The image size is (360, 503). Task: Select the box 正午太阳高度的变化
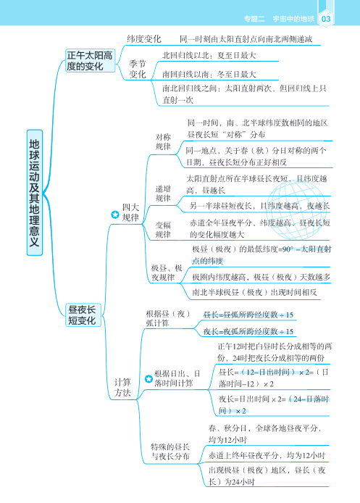pos(89,60)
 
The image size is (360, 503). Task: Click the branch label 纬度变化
pos(143,38)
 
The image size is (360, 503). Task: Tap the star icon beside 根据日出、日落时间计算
pos(148,378)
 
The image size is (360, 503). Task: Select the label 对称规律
pos(163,141)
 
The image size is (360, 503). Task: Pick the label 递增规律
pos(163,193)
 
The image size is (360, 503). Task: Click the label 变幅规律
pos(163,229)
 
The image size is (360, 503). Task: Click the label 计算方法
pos(122,387)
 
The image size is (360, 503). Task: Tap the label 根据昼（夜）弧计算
pos(167,318)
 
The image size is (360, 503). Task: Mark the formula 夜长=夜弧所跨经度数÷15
pos(248,331)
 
